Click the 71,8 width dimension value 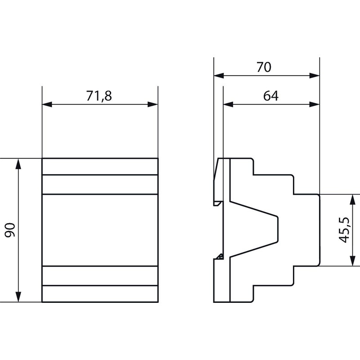point(99,96)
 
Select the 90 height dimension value point(10,230)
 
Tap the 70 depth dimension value point(264,67)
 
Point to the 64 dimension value point(271,96)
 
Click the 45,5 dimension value point(344,229)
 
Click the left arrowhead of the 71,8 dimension point(47,104)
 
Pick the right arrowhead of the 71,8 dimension point(153,104)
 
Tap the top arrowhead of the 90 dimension point(18,164)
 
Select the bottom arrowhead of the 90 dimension point(18,297)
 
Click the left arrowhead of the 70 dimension point(219,76)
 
